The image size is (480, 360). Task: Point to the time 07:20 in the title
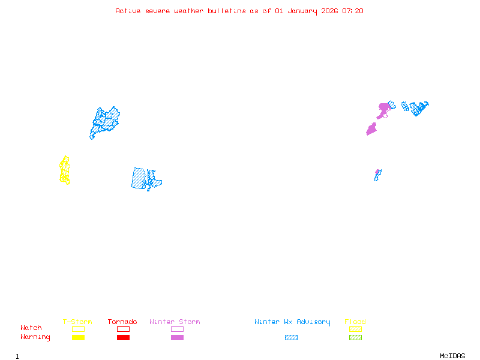[x=353, y=11]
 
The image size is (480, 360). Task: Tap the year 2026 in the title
[x=329, y=11]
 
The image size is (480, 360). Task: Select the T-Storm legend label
[x=77, y=322]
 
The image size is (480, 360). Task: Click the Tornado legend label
[x=122, y=322]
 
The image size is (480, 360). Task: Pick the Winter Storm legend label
[x=175, y=322]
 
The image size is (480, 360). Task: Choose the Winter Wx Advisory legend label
[x=292, y=322]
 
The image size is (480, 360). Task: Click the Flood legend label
[x=355, y=322]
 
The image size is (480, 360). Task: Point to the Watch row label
[x=31, y=328]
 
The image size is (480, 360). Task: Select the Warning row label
[x=35, y=337]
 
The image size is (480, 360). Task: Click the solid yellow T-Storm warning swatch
[x=78, y=338]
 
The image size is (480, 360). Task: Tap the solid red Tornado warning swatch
[x=123, y=338]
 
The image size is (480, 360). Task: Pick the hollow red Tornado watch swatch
[x=123, y=329]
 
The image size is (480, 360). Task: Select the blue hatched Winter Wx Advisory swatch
[x=291, y=338]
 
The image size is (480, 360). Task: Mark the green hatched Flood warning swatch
[x=355, y=338]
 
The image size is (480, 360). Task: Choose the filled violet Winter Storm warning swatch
[x=177, y=338]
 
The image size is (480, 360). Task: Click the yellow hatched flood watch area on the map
[x=64, y=170]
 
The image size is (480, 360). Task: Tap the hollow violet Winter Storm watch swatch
[x=177, y=329]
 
